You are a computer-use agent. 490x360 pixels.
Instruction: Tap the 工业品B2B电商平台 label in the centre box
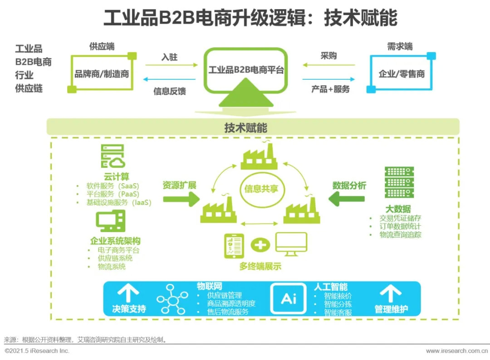(246, 70)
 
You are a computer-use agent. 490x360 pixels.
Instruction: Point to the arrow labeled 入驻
(171, 65)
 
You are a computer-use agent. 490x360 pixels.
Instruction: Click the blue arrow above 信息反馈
(169, 79)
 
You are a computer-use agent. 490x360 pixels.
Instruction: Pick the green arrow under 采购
(329, 65)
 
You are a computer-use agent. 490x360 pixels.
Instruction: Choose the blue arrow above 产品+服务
(329, 79)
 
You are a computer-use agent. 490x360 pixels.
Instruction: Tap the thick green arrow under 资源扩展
(181, 199)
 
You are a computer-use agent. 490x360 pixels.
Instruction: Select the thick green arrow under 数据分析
(347, 199)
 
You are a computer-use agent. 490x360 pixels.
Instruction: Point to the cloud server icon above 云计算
(113, 156)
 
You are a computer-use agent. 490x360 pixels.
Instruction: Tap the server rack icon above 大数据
(399, 182)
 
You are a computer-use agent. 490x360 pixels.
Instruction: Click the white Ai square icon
(289, 299)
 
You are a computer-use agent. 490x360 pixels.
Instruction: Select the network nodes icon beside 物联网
(172, 299)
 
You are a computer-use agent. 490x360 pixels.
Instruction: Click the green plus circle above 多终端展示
(260, 245)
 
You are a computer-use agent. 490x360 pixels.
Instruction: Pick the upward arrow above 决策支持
(128, 292)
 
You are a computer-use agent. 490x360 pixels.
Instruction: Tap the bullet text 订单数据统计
(400, 226)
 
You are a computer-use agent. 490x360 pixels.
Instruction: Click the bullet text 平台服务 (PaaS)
(113, 194)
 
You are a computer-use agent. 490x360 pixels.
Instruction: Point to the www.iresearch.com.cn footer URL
(457, 351)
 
